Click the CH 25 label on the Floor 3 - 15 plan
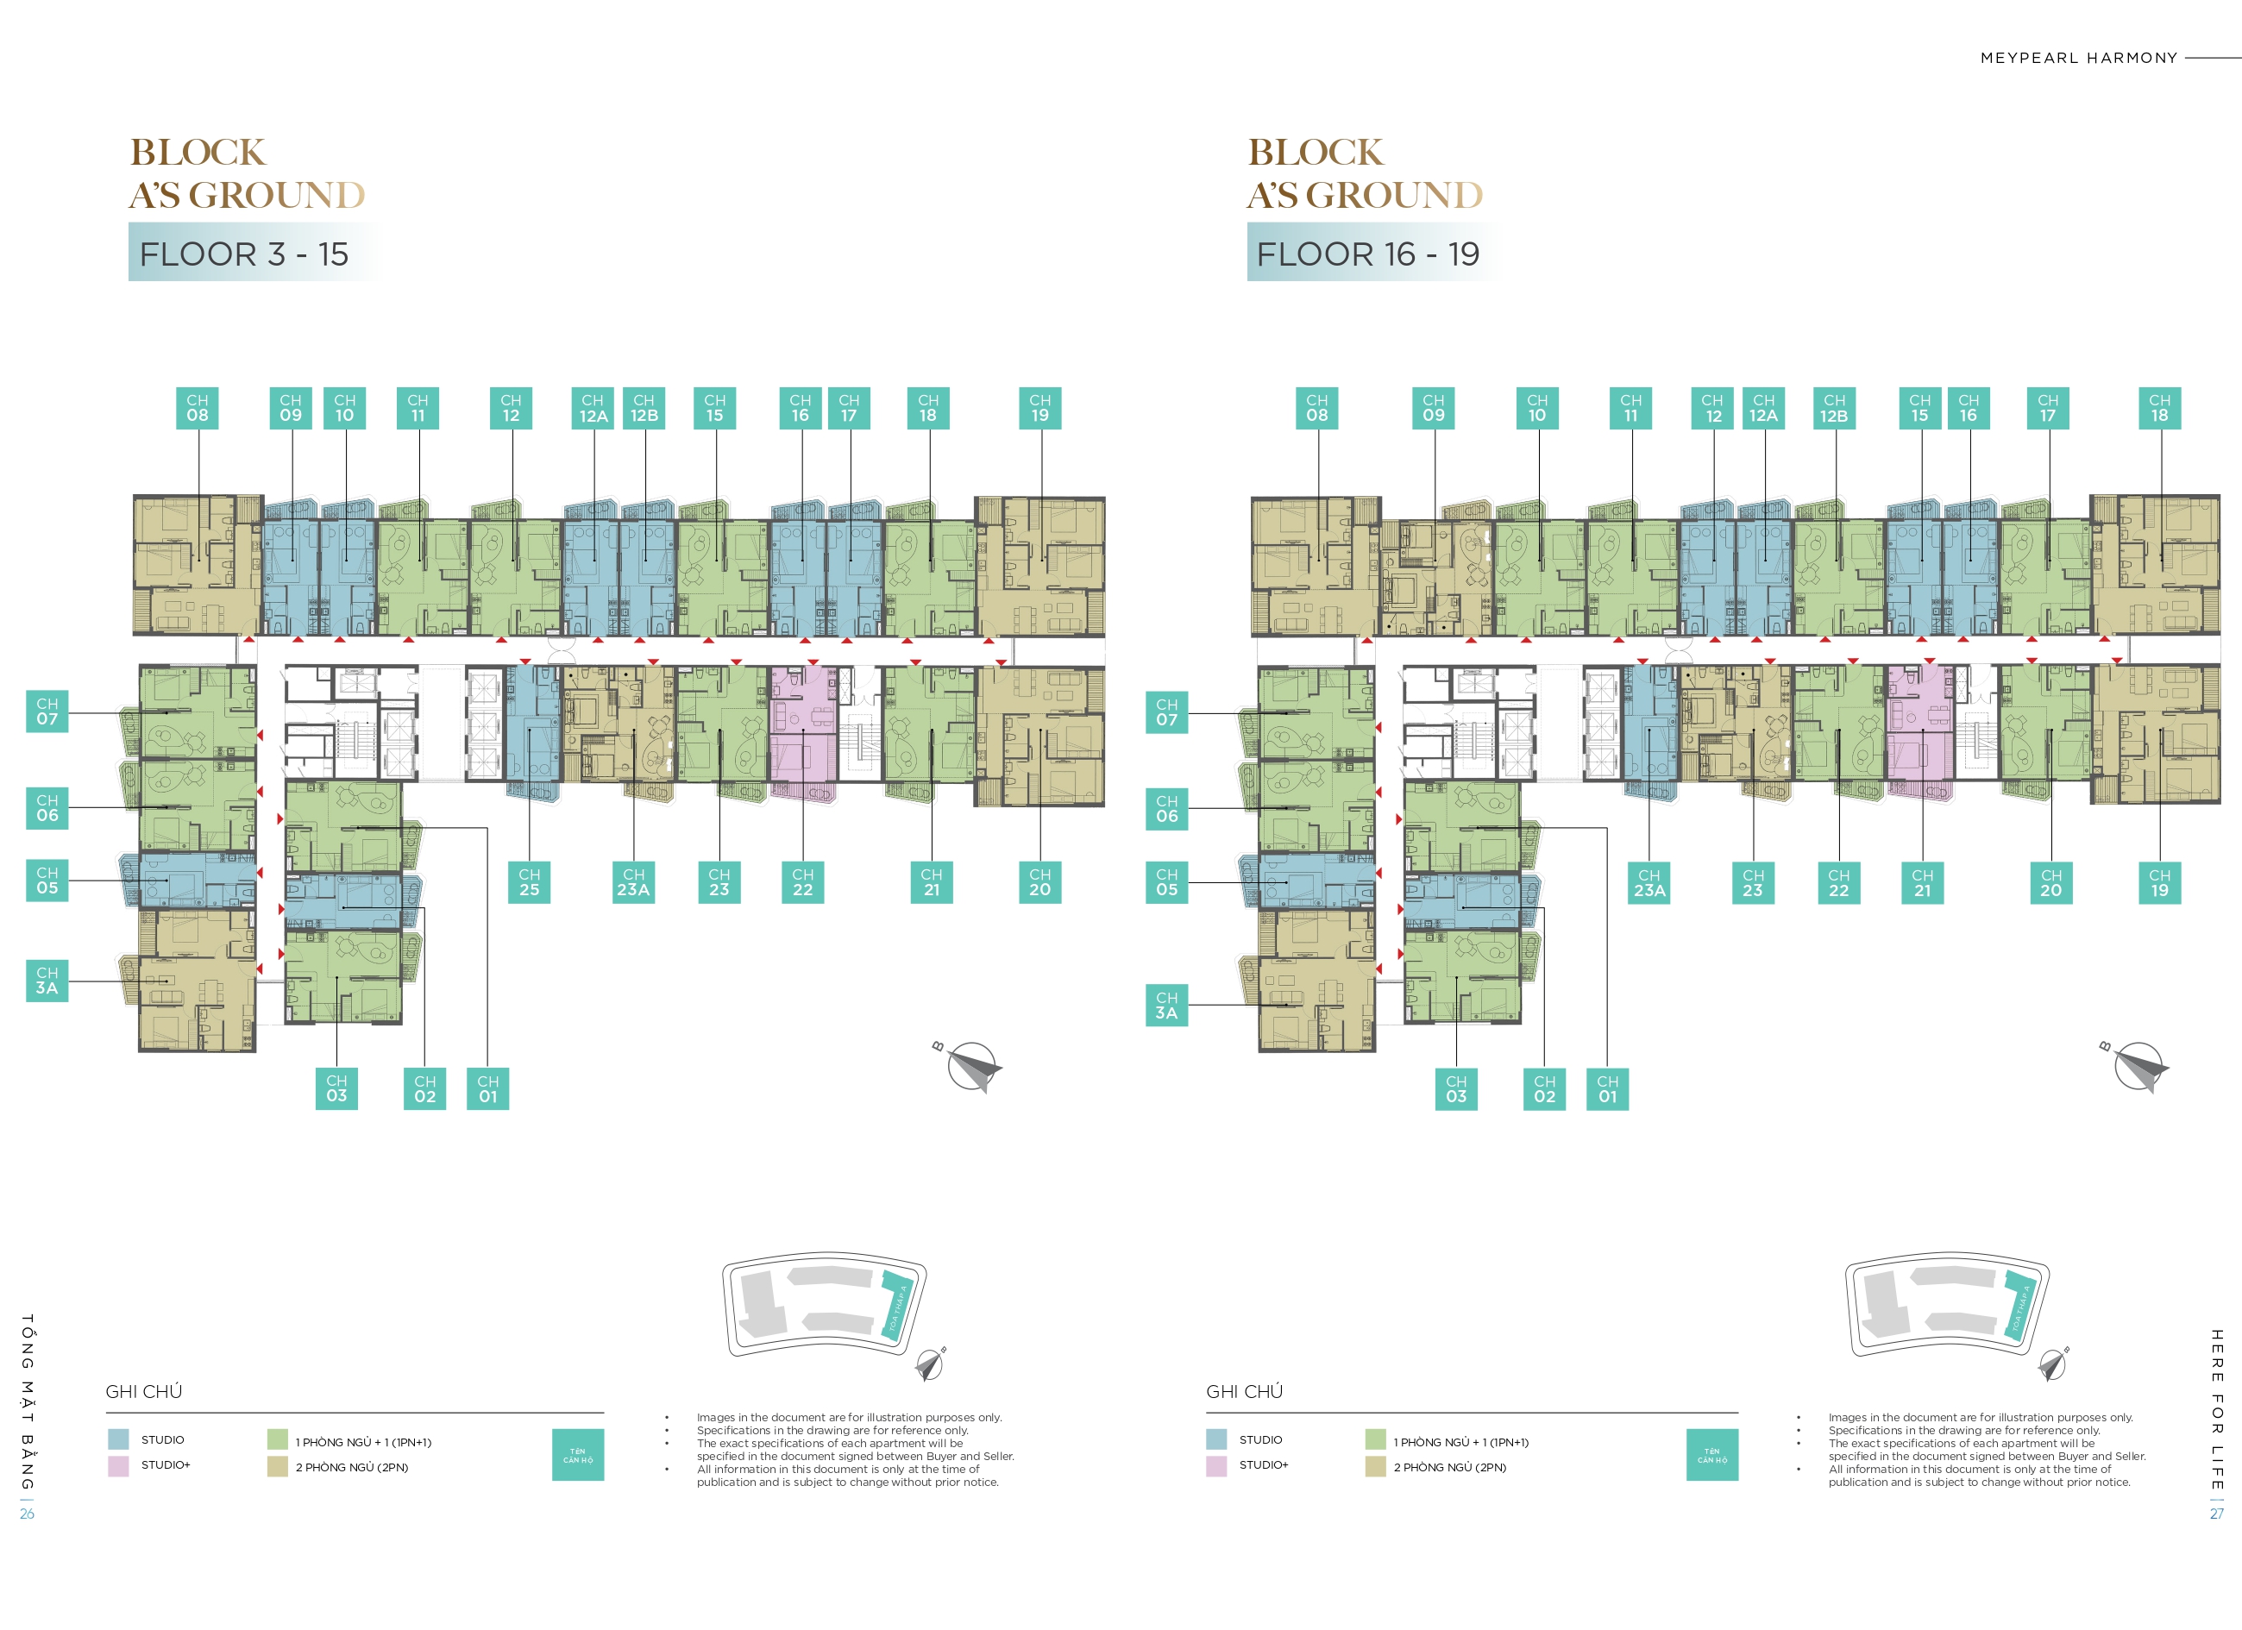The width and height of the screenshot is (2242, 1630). click(529, 881)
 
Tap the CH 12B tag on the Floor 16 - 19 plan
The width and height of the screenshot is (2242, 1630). click(1834, 408)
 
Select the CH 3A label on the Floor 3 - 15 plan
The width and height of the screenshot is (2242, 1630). click(47, 981)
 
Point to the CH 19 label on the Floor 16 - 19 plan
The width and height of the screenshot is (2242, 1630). click(2159, 883)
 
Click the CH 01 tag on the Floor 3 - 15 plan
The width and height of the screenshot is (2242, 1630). click(487, 1088)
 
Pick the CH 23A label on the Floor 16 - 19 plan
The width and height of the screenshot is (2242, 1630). click(1649, 883)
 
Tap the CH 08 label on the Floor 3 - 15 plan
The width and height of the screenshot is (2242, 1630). click(198, 408)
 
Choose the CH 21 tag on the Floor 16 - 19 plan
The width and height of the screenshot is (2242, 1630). click(1922, 883)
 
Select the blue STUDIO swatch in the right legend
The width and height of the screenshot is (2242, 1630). click(1216, 1439)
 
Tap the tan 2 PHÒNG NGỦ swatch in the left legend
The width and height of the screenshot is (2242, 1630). click(277, 1467)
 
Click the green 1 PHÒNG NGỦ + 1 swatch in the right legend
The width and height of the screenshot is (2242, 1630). click(1375, 1439)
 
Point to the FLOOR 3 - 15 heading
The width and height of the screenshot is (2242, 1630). click(244, 254)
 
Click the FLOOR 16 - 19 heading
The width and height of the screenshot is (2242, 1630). click(1367, 254)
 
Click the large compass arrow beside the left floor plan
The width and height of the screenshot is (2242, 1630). click(974, 1069)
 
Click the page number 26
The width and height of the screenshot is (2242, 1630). click(27, 1514)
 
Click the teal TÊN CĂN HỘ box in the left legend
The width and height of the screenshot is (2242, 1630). click(577, 1455)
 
